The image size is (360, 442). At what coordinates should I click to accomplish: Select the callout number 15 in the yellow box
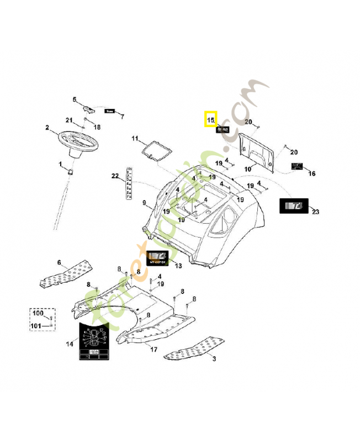tap(210, 119)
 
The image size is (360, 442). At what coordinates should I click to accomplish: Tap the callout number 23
tap(315, 212)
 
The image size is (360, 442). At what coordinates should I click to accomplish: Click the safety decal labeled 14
tap(94, 341)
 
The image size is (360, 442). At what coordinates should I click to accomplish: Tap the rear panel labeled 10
tap(260, 149)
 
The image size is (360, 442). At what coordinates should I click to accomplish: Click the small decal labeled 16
tap(297, 166)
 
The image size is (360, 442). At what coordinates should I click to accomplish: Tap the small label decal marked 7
tap(110, 111)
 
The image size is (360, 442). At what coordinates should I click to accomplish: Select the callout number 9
tap(145, 203)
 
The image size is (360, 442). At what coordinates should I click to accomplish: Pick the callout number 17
tap(154, 349)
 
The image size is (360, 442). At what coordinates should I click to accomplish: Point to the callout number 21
tap(69, 120)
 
